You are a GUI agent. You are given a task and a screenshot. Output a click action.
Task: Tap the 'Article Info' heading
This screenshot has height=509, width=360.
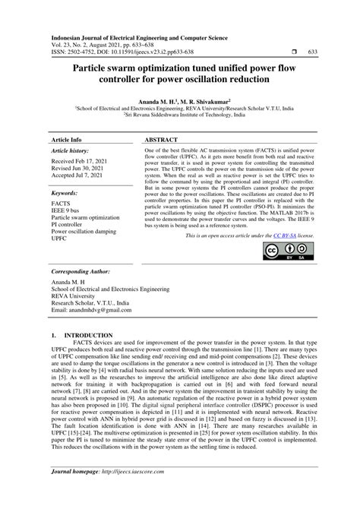click(66, 141)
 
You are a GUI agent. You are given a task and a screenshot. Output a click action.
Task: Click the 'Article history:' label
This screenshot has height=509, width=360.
click(71, 153)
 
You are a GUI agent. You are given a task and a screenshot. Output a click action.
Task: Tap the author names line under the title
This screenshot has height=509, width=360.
click(179, 100)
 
